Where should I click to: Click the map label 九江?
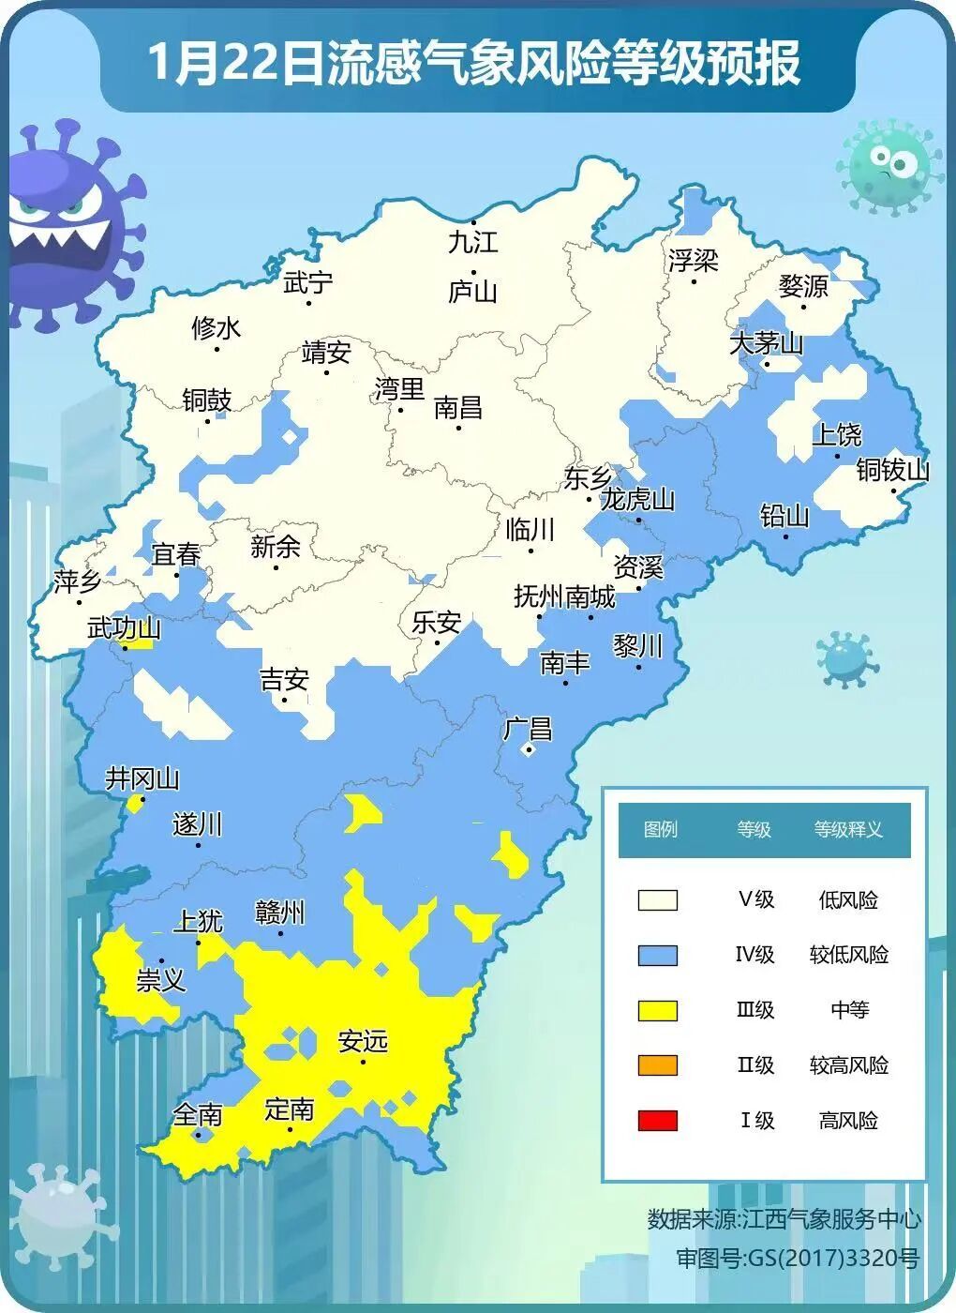(x=472, y=242)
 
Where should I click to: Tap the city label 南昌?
(x=458, y=408)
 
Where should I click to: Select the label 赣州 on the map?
(x=280, y=912)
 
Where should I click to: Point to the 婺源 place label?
(x=803, y=286)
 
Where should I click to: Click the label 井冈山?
(x=142, y=778)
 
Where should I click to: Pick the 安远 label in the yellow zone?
(x=363, y=1041)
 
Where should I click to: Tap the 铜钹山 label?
(x=892, y=470)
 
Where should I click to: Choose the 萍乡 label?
(x=77, y=581)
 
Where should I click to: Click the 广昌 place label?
(x=528, y=729)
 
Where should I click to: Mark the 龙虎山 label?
(x=637, y=499)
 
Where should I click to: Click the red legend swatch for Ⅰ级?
(x=657, y=1120)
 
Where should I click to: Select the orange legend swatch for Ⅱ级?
(x=657, y=1065)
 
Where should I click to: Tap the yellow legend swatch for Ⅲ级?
(x=657, y=1010)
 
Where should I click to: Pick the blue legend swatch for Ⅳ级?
(x=657, y=955)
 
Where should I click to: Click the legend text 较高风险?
(x=848, y=1065)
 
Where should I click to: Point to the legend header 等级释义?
(x=848, y=829)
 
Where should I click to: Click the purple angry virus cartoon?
(x=66, y=225)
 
